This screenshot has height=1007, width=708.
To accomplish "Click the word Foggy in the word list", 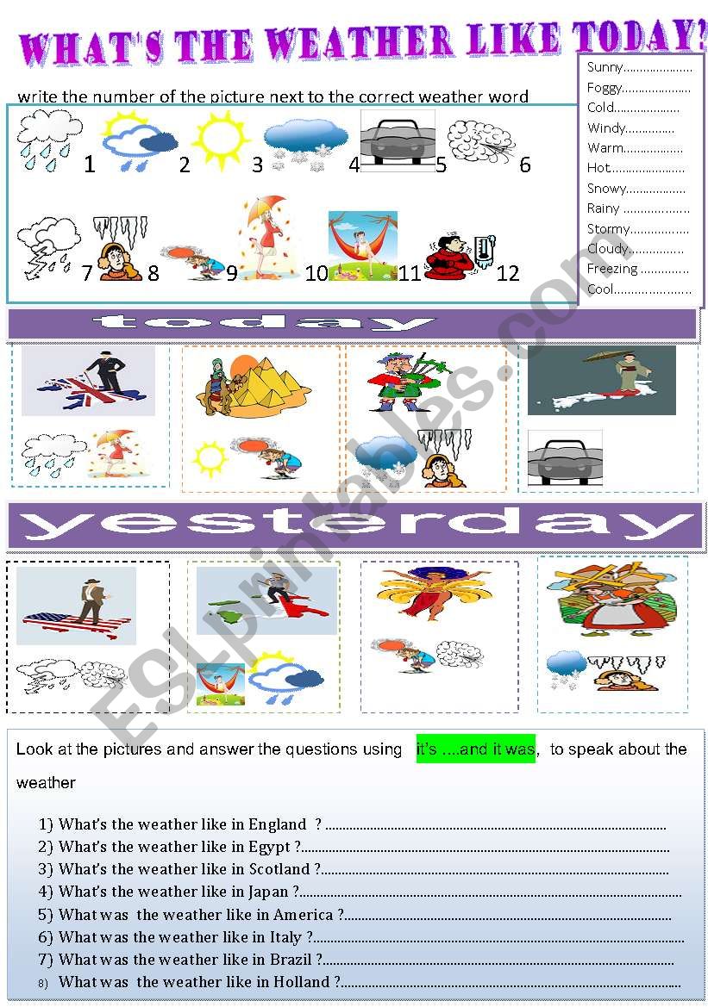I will point(605,87).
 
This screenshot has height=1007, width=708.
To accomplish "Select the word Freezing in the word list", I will point(612,269).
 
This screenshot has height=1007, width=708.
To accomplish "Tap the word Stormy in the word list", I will point(608,228).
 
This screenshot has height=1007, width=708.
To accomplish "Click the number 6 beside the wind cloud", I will point(524,165).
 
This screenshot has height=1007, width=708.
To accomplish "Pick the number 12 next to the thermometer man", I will point(508,273).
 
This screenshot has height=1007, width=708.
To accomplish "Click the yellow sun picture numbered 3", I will point(221,139).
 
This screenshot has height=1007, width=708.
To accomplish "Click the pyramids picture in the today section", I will point(254,382).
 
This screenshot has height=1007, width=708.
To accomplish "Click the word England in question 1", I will point(277,824).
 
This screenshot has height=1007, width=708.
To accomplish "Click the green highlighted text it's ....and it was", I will point(475,749).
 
